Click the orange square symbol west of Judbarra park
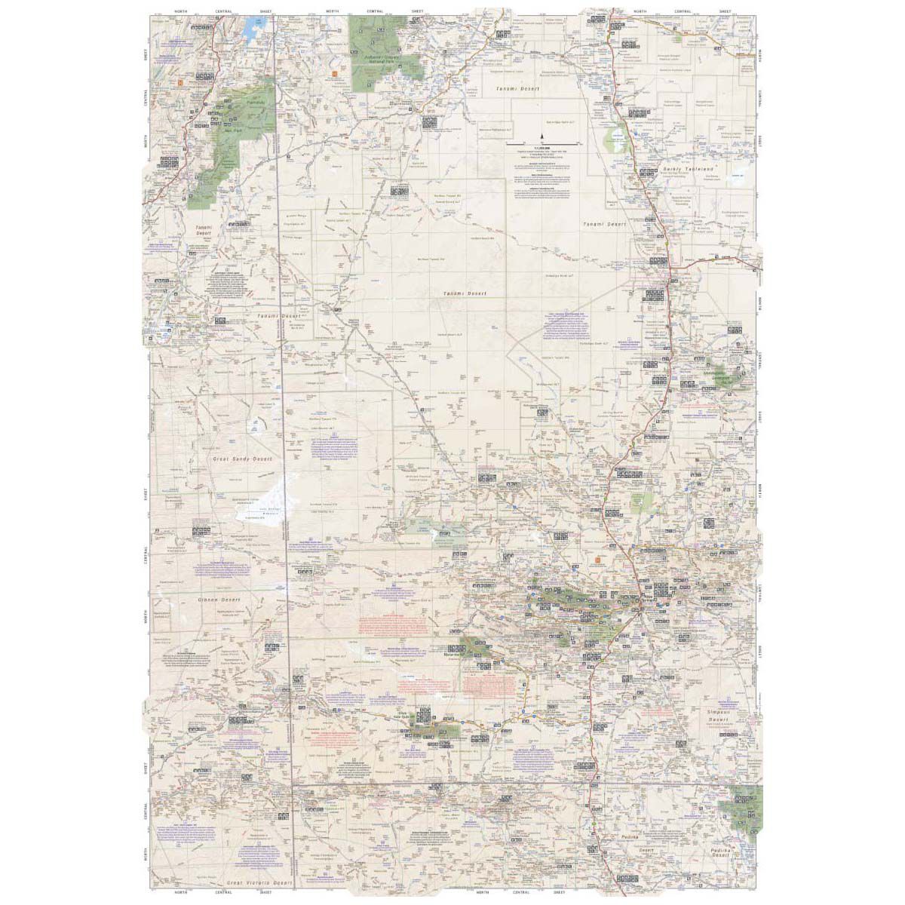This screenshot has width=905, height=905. click(x=333, y=74)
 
